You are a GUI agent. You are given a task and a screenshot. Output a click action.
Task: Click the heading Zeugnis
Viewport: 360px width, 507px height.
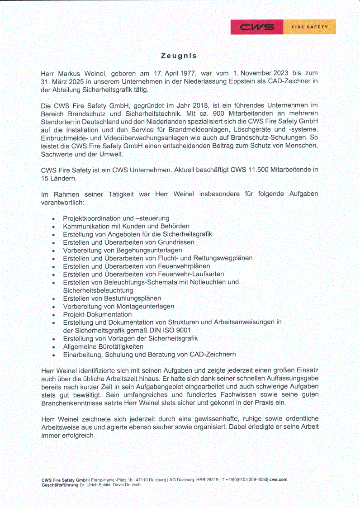[179, 56]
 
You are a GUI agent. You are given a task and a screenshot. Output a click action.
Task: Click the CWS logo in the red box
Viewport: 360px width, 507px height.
[257, 27]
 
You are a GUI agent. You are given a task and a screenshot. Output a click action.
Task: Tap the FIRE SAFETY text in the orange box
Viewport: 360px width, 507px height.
[310, 27]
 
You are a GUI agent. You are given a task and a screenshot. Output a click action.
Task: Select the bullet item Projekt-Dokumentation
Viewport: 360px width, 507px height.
[97, 314]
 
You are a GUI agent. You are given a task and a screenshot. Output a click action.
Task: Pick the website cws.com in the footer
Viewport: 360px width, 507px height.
[278, 479]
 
